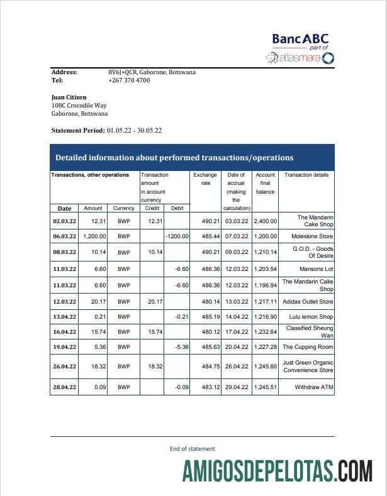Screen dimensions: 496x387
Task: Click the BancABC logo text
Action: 300,39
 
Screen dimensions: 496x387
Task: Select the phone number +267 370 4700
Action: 129,80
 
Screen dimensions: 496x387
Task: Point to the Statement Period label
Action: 78,130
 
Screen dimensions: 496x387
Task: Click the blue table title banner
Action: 192,157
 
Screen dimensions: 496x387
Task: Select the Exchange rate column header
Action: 205,179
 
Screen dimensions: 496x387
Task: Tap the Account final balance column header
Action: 265,183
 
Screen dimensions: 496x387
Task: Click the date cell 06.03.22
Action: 64,236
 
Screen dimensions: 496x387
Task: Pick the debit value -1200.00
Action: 176,236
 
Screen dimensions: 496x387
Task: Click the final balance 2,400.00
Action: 265,221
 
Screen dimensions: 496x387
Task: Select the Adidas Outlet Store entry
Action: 308,302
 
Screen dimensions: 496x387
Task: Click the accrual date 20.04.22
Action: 236,347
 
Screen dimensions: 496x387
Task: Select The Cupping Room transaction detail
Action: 308,347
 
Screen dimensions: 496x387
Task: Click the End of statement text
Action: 192,449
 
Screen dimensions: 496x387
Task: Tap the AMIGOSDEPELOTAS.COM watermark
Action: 278,471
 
